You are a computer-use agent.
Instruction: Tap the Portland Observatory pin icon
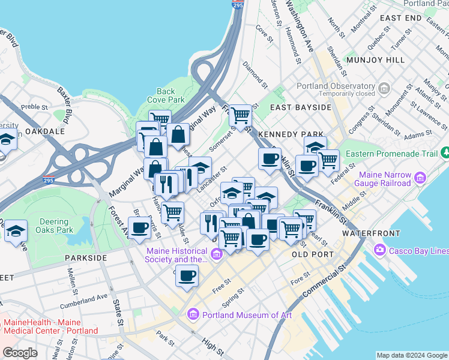pyautogui.click(x=384, y=89)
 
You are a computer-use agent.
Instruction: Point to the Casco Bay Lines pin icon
pyautogui.click(x=379, y=250)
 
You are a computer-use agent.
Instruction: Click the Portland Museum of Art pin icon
pyautogui.click(x=193, y=314)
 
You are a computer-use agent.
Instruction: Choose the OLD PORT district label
pyautogui.click(x=312, y=254)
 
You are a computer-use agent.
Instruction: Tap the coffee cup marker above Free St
pyautogui.click(x=187, y=275)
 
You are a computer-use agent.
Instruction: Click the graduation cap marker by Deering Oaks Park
pyautogui.click(x=16, y=230)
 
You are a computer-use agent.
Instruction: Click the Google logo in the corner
pyautogui.click(x=20, y=353)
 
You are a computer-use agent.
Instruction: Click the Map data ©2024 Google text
pyautogui.click(x=411, y=355)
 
